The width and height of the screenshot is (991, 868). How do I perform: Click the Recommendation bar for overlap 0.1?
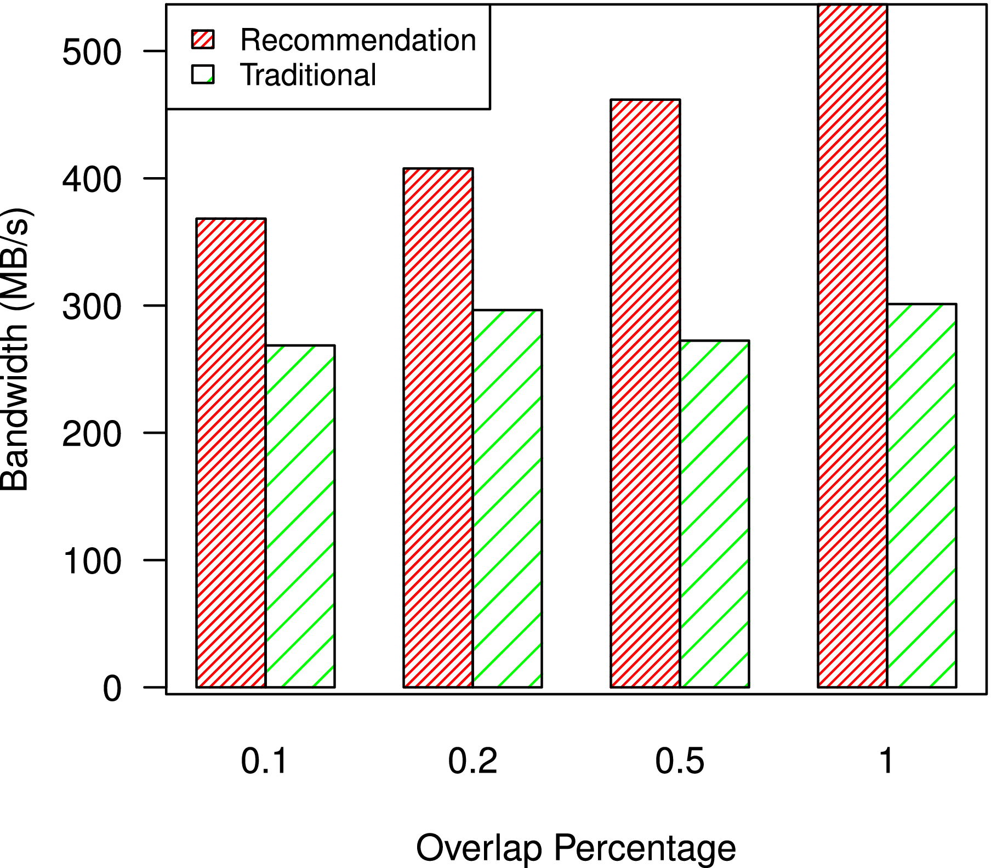tap(231, 452)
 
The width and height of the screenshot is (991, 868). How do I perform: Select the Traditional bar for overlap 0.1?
tap(300, 516)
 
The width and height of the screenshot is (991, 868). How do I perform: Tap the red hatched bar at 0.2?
tap(438, 428)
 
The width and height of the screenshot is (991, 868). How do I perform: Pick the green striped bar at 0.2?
tap(507, 498)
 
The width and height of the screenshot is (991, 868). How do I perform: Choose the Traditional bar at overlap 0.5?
tap(714, 514)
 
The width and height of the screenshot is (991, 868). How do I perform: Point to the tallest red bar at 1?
tap(852, 345)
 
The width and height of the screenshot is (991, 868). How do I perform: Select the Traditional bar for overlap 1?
tap(921, 495)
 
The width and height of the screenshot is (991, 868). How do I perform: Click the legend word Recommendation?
tap(358, 40)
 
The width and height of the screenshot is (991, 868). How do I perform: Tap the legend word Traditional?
tap(308, 75)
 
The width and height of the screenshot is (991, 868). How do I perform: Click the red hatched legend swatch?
tap(203, 39)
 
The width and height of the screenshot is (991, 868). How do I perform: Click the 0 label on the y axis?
tap(112, 688)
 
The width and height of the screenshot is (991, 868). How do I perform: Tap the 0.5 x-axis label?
tap(680, 761)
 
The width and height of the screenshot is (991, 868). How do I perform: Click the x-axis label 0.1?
tap(264, 761)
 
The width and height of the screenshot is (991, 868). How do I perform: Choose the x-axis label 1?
tap(886, 761)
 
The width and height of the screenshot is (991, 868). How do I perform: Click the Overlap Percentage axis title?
tap(576, 848)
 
